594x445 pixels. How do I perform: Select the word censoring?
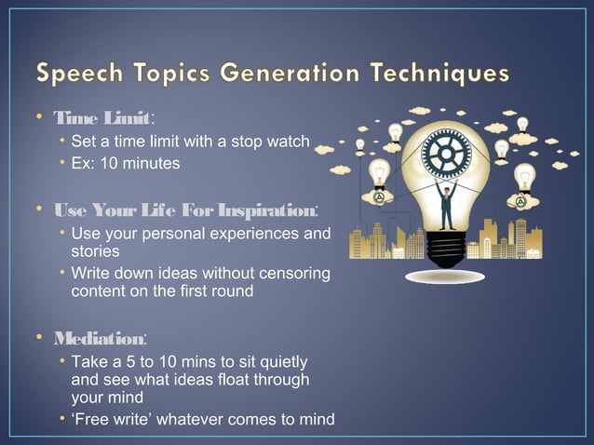tap(285, 272)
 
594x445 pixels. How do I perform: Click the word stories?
tap(96, 250)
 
